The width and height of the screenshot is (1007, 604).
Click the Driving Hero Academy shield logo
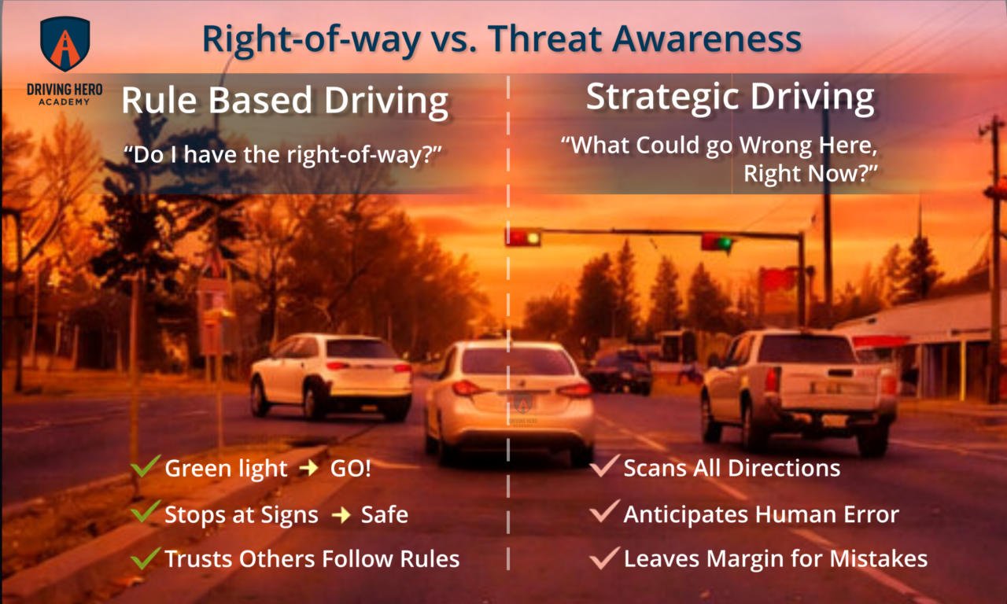(65, 44)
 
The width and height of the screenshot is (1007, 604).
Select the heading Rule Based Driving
(285, 102)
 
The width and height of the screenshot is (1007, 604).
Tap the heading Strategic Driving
(730, 97)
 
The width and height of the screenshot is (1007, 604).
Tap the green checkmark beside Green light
(146, 467)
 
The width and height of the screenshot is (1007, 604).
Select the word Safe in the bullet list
(384, 515)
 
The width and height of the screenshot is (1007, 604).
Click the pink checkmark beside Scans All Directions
(604, 467)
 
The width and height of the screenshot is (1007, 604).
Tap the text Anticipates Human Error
(761, 515)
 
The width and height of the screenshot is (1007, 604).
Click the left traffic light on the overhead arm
(522, 237)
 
